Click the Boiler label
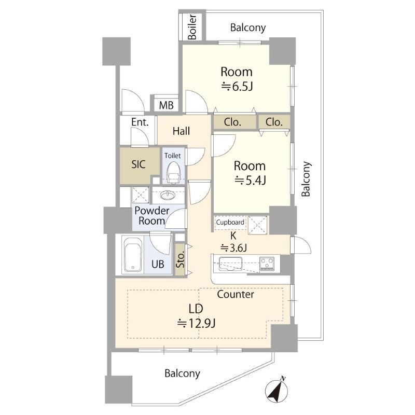pos(192,27)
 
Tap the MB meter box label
pos(166,105)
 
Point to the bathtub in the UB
pos(133,257)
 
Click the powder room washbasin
pos(167,196)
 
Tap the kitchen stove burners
pos(267,264)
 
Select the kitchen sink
pos(230,264)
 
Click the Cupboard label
pos(230,222)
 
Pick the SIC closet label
pos(139,164)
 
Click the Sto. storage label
pos(181,260)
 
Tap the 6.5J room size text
pos(237,86)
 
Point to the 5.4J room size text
pos(250,180)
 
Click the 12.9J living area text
pos(196,323)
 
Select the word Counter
pos(236,294)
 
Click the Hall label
pos(181,131)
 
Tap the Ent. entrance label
pos(140,122)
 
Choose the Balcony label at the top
pos(248,27)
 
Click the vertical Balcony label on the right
pos(306,178)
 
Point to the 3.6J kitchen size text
pos(234,248)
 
